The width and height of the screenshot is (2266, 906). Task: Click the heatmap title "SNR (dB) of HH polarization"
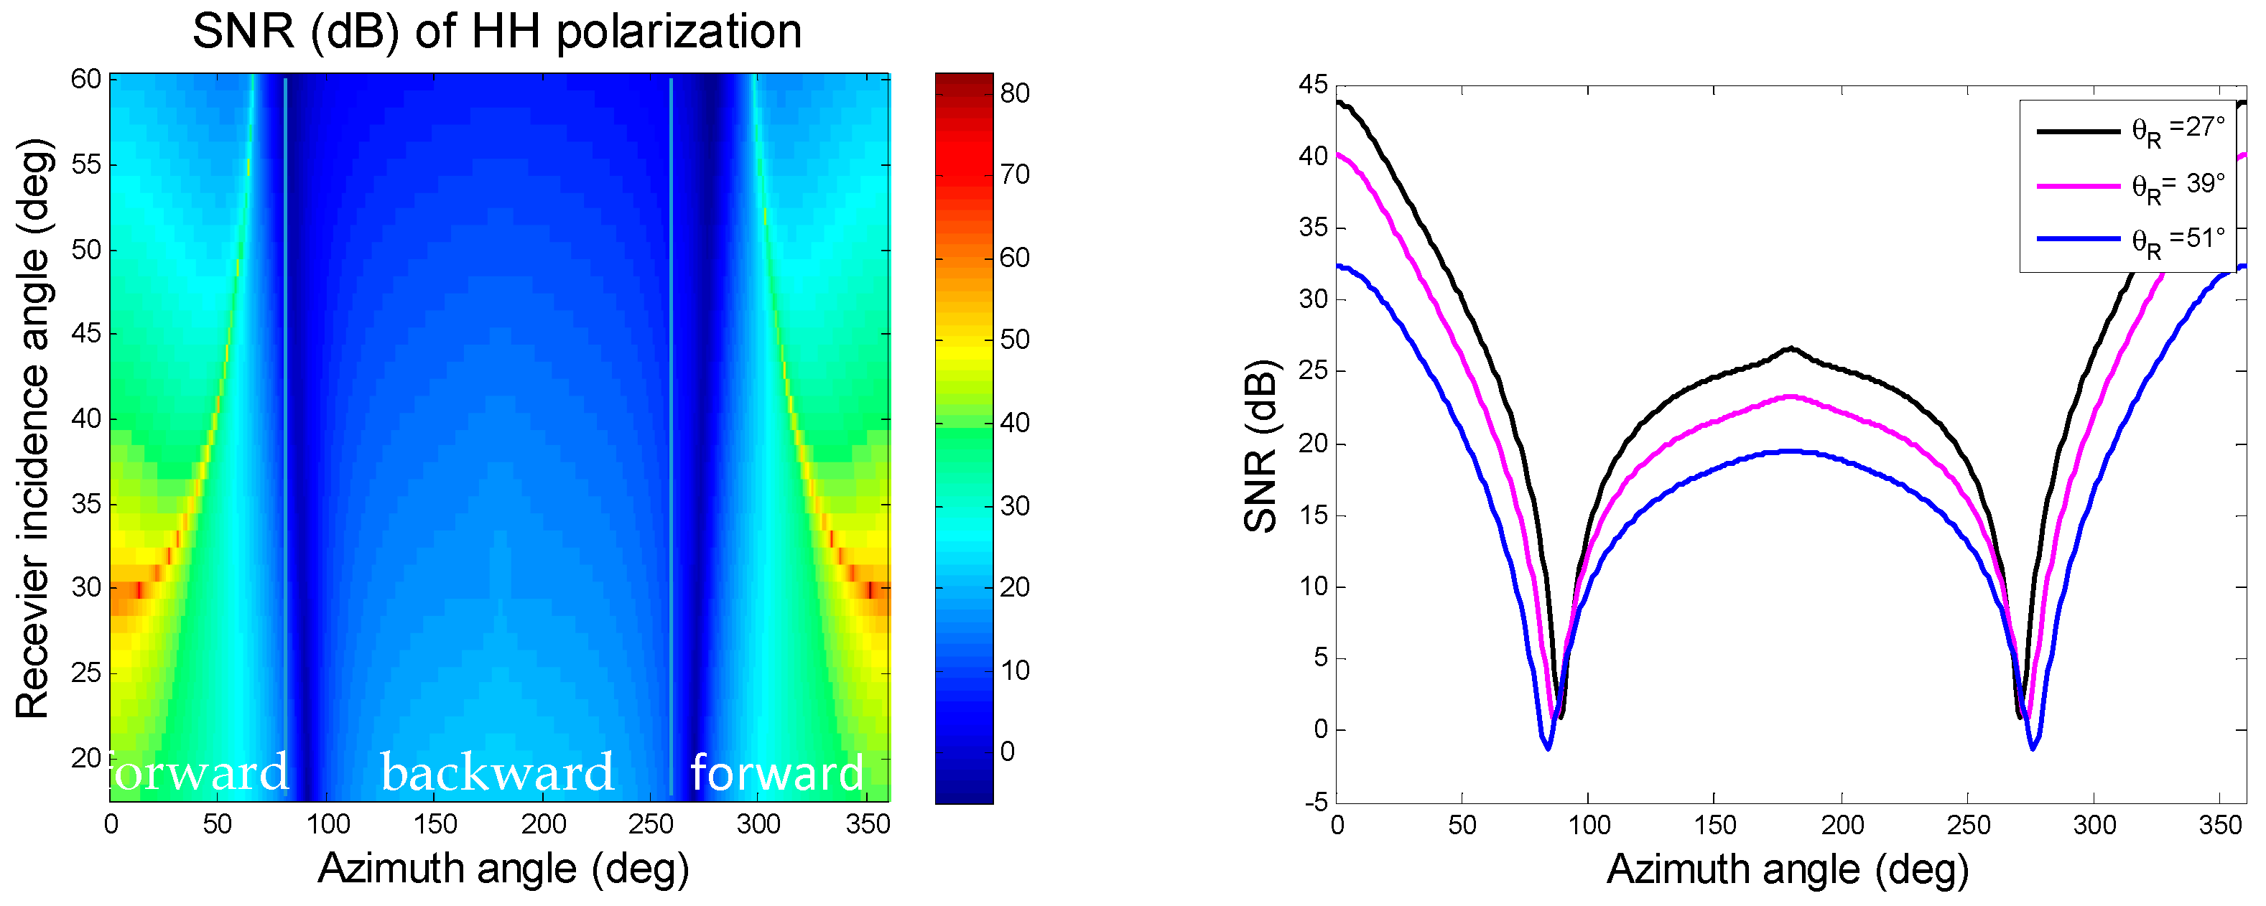pyautogui.click(x=497, y=32)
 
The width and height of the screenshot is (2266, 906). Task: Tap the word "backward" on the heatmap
pyautogui.click(x=497, y=772)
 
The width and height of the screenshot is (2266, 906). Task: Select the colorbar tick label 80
pyautogui.click(x=1014, y=93)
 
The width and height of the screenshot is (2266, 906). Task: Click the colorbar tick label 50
pyautogui.click(x=1014, y=339)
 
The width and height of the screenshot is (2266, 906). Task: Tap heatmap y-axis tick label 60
pyautogui.click(x=86, y=79)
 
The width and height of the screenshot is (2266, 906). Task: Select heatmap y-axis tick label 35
pyautogui.click(x=86, y=504)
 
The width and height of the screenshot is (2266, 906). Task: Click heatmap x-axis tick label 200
pyautogui.click(x=543, y=824)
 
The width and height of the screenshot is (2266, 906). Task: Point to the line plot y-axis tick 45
pyautogui.click(x=1314, y=85)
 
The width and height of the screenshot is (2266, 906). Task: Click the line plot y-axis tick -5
pyautogui.click(x=1316, y=801)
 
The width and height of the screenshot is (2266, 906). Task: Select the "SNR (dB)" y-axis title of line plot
pyautogui.click(x=1260, y=446)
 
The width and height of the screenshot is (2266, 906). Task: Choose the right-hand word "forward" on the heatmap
pyautogui.click(x=776, y=772)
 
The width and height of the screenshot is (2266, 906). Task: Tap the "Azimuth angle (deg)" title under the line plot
pyautogui.click(x=1788, y=870)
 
